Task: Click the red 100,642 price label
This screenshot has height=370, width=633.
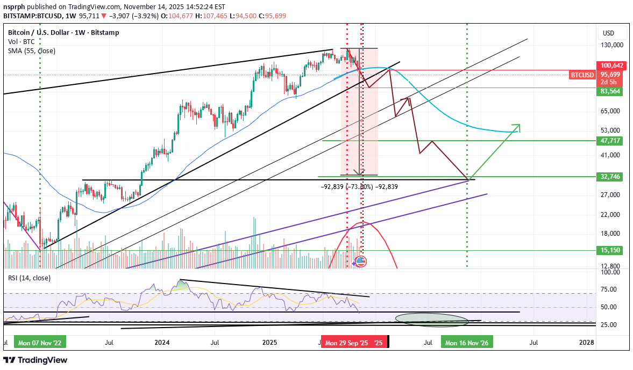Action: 610,65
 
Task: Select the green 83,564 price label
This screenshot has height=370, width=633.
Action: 610,92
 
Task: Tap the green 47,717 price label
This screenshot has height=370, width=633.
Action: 610,141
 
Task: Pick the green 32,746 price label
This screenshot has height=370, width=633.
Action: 610,176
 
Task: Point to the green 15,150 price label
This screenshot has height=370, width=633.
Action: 610,250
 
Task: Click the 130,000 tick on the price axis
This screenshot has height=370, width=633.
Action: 611,45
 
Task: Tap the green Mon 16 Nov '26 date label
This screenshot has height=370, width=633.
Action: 466,342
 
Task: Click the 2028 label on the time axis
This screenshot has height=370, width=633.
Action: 587,342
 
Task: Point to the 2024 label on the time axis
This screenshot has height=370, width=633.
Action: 162,342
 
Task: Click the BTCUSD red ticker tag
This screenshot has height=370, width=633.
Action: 582,75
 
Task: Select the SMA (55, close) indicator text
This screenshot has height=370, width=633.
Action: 31,51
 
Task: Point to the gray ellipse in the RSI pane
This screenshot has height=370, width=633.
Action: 432,320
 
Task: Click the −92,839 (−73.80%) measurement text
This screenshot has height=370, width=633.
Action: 359,187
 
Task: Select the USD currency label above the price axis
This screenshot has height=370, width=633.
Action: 608,33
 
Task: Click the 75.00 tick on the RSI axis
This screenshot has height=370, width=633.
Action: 609,289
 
